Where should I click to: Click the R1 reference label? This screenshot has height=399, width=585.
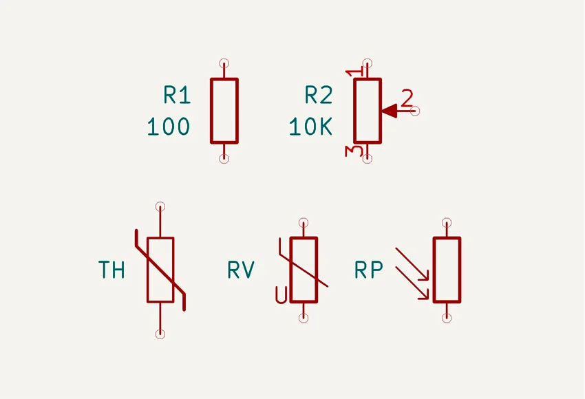177,95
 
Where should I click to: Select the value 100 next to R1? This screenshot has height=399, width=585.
168,127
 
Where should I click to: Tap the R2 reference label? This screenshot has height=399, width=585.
319,95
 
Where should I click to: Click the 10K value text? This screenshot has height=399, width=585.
310,127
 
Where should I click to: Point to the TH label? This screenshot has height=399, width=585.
112,270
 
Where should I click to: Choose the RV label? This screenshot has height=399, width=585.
241,270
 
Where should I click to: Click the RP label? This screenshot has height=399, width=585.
369,270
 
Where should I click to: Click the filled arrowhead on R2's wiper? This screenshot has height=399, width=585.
390,110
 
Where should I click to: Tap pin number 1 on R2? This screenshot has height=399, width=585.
354,72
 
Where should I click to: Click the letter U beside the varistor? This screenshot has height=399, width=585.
280,295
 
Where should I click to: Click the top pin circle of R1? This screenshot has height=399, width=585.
224,63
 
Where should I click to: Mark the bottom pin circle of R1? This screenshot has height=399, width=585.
224,159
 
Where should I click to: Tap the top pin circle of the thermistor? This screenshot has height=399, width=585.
160,206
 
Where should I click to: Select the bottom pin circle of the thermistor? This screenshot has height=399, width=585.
160,334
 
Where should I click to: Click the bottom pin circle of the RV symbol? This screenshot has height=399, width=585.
304,318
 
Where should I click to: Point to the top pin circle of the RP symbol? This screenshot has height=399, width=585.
447,222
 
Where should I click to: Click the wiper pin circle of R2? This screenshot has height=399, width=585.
415,111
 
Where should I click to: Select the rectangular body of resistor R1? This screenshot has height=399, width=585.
224,111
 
